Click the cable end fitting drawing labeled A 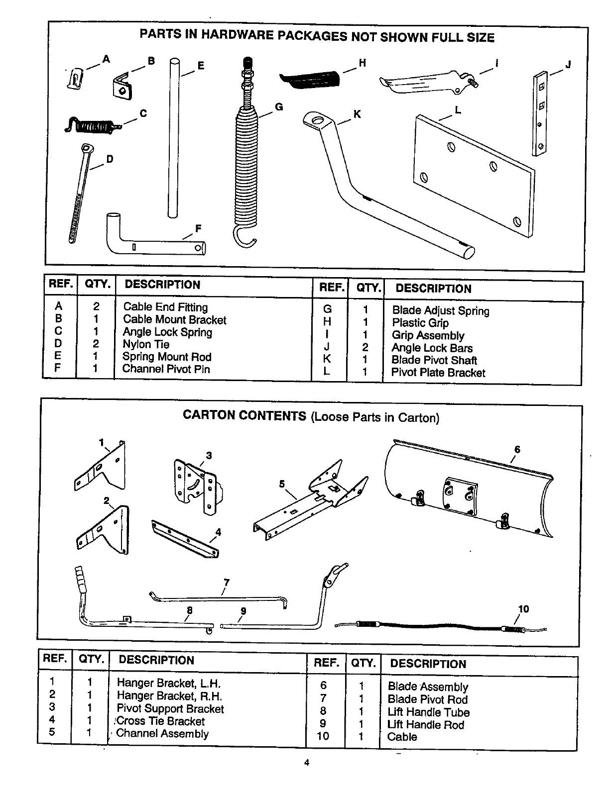(75, 78)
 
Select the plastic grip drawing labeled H (310, 79)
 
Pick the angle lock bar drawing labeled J (540, 113)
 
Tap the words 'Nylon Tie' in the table (146, 344)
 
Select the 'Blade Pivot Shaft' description (434, 360)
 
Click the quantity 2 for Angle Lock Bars (365, 348)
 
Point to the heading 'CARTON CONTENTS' (244, 416)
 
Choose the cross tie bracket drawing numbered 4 (185, 539)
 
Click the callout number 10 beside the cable (523, 609)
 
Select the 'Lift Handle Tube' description (428, 712)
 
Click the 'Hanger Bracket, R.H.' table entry (169, 696)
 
